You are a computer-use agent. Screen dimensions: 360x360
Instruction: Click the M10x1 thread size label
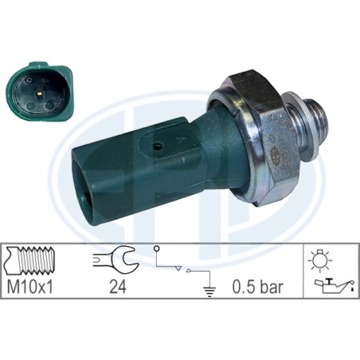[30, 287]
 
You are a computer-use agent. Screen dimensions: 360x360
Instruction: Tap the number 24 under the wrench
[118, 287]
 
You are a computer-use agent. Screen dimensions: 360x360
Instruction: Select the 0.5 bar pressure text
[258, 287]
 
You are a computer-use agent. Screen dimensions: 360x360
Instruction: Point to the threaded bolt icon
[30, 260]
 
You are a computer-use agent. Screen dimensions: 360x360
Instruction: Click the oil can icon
[335, 286]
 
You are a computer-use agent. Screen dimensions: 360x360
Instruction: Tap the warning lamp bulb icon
[319, 260]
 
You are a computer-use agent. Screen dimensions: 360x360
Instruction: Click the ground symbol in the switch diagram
[209, 292]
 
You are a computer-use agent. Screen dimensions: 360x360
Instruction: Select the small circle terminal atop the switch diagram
[156, 248]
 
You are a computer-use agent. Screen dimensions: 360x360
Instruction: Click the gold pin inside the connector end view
[39, 93]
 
